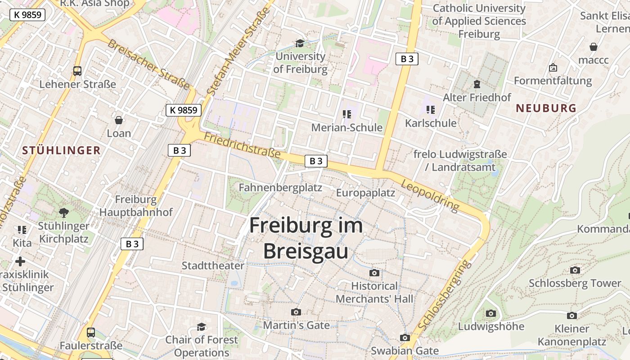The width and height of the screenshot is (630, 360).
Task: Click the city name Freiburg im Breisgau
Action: [x=306, y=238]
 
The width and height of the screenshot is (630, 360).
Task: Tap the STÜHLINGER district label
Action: [x=61, y=151]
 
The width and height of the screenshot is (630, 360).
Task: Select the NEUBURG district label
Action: [x=546, y=108]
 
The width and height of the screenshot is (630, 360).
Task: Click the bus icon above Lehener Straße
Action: [x=77, y=71]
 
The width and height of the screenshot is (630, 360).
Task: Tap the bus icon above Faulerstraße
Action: [x=91, y=333]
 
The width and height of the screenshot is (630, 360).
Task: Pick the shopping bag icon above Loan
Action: [x=119, y=120]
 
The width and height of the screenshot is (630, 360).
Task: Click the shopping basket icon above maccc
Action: [x=594, y=47]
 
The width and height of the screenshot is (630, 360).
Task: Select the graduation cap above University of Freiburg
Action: [x=300, y=43]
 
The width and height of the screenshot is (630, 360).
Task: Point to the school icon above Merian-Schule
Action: [x=346, y=114]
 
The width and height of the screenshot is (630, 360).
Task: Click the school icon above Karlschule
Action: [x=431, y=110]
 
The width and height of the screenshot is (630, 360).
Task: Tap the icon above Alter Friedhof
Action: [x=477, y=84]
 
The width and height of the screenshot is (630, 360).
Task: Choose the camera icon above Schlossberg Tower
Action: [x=575, y=270]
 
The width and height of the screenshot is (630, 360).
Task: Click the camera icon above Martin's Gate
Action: [x=296, y=312]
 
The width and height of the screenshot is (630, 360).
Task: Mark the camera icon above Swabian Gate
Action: [x=405, y=337]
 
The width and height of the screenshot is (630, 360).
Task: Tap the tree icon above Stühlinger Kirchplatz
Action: [x=63, y=212]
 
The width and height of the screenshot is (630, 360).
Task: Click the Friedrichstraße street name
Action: [x=243, y=145]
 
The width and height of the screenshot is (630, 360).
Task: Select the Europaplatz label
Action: [x=365, y=193]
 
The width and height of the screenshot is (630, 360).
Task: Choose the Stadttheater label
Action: [x=213, y=265]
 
